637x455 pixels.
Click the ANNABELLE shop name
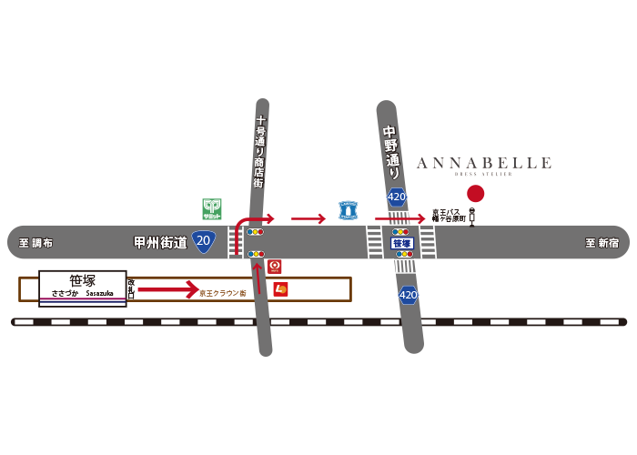tap(483, 164)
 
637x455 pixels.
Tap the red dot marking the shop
tap(475, 193)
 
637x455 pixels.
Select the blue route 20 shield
tap(204, 242)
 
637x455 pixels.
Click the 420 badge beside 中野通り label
tap(397, 197)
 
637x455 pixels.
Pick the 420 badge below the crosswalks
tap(409, 295)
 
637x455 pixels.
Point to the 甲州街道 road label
tap(160, 242)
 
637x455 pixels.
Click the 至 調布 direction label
tap(36, 243)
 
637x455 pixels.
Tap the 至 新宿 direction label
tap(602, 243)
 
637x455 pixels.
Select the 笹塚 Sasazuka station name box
tap(82, 288)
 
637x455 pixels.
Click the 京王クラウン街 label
tap(223, 293)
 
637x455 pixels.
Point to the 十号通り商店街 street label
tap(259, 151)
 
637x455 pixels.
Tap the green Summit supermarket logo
tap(212, 209)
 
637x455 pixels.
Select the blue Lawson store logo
tap(348, 210)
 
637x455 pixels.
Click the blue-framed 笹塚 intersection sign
tap(402, 243)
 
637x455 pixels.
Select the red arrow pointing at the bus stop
tap(399, 218)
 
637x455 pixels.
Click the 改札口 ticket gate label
tap(131, 288)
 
